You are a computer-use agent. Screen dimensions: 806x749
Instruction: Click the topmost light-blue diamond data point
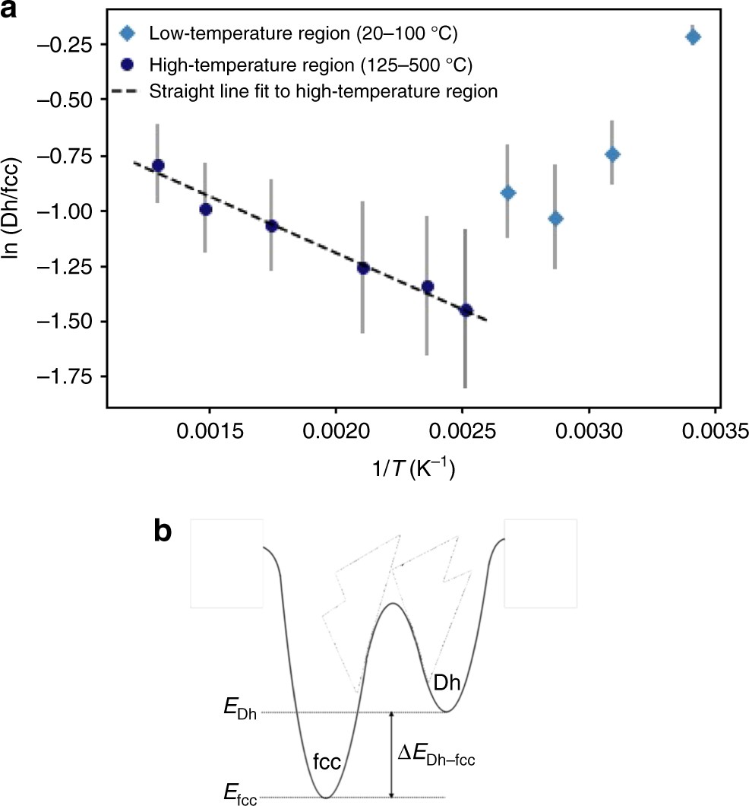[x=692, y=36]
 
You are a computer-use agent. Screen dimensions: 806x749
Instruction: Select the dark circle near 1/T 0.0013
[x=158, y=165]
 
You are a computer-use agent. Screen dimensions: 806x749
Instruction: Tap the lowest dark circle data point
[x=466, y=310]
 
